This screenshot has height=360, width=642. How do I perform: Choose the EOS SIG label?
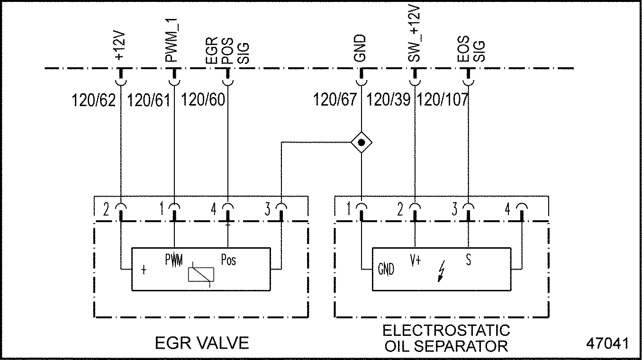pyautogui.click(x=471, y=50)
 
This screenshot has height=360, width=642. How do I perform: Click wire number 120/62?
pyautogui.click(x=93, y=100)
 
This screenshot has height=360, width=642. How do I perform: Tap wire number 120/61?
pyautogui.click(x=149, y=100)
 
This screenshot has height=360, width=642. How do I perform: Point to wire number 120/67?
pyautogui.click(x=335, y=100)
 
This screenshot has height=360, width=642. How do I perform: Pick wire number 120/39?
pyautogui.click(x=389, y=100)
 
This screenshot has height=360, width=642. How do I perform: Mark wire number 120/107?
pyautogui.click(x=443, y=100)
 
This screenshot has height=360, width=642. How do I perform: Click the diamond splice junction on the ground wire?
pyautogui.click(x=362, y=142)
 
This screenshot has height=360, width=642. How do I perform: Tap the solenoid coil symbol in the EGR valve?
pyautogui.click(x=201, y=274)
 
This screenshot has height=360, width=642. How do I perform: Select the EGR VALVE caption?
pyautogui.click(x=202, y=343)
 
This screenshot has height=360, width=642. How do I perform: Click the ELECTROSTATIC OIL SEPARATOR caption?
pyautogui.click(x=446, y=338)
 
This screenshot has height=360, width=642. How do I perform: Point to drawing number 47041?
pyautogui.click(x=608, y=343)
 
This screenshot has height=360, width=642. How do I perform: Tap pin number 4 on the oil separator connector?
pyautogui.click(x=507, y=209)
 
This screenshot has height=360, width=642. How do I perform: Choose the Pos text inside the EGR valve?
pyautogui.click(x=228, y=260)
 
